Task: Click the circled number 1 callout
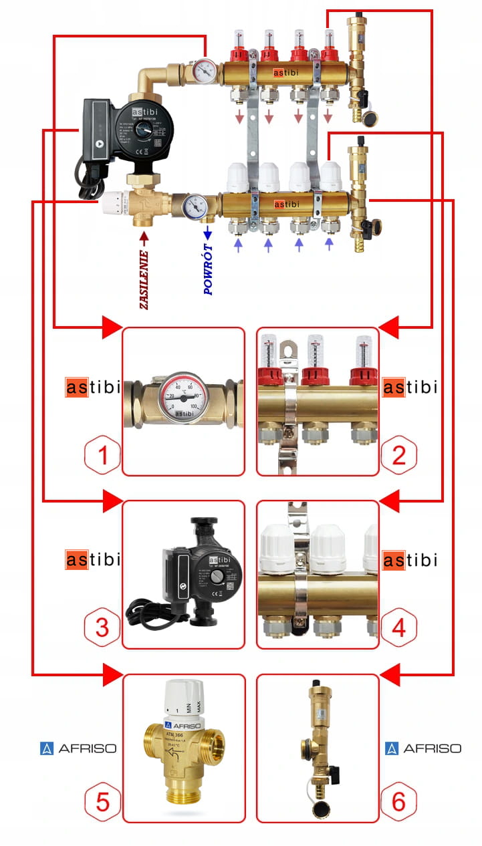pyautogui.click(x=103, y=456)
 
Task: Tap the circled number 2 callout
pyautogui.click(x=398, y=456)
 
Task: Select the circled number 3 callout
pyautogui.click(x=103, y=628)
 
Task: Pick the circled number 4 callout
pyautogui.click(x=398, y=628)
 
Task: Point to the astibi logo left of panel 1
pyautogui.click(x=93, y=388)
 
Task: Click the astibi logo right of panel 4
pyautogui.click(x=410, y=560)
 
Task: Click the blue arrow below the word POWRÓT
pyautogui.click(x=207, y=232)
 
